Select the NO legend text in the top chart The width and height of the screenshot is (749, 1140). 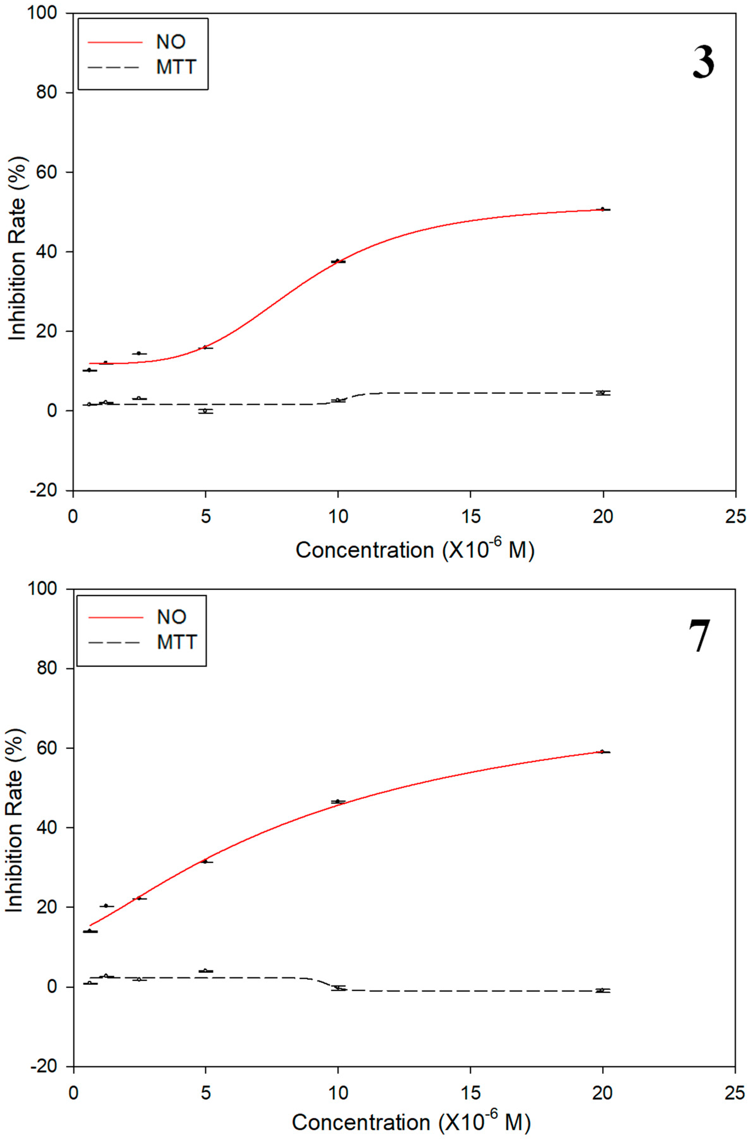(171, 42)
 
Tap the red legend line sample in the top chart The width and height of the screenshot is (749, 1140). (115, 42)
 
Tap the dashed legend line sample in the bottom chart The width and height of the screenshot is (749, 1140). (115, 642)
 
